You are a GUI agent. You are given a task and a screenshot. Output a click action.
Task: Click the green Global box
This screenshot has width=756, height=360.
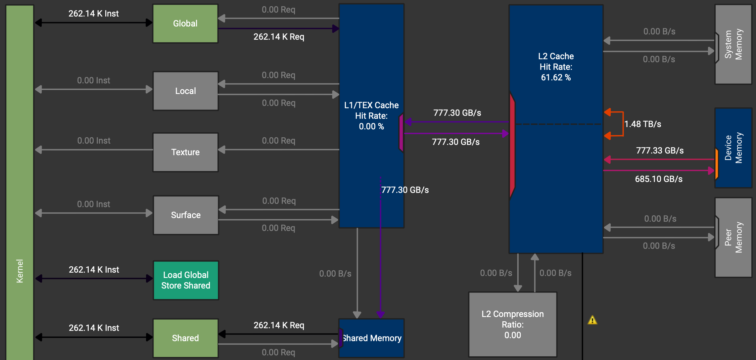(x=185, y=23)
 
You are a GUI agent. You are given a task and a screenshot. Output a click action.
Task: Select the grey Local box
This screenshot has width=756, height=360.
(x=185, y=91)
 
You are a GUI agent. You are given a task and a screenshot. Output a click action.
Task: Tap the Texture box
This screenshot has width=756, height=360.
(x=185, y=152)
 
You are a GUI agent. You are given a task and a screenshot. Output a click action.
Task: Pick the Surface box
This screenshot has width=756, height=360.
(x=185, y=215)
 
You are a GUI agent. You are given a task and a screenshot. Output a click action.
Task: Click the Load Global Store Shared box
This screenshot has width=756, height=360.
(x=185, y=280)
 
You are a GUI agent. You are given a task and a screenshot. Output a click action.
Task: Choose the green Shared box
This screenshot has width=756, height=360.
(x=185, y=338)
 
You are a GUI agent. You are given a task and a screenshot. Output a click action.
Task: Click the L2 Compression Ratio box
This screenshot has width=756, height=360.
(x=512, y=324)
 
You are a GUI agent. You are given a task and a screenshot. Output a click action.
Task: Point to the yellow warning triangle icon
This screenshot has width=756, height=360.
(x=592, y=320)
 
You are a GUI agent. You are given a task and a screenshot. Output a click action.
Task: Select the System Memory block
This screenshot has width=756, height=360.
(x=733, y=44)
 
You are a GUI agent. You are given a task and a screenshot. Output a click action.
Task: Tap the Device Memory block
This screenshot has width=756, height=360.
(x=733, y=148)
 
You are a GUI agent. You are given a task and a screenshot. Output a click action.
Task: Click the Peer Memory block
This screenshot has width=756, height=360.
(x=733, y=237)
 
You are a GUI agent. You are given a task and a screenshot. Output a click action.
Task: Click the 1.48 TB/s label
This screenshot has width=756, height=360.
(x=642, y=124)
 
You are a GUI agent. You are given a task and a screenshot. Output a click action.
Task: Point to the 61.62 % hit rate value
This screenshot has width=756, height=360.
(x=556, y=77)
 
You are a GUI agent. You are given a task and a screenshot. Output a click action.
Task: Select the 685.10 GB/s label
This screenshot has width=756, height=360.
(x=659, y=179)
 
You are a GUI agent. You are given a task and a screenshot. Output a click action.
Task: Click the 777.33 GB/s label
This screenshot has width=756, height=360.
(x=660, y=151)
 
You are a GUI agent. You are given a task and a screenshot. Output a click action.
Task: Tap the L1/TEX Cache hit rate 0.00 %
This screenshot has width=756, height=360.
(x=371, y=126)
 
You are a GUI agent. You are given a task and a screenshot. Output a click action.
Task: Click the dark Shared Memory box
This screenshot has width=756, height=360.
(x=372, y=338)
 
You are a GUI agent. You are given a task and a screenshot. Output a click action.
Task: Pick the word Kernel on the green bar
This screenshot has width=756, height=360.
(x=20, y=271)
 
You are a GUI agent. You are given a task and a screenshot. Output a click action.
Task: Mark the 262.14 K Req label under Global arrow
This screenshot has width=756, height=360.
(x=279, y=37)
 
